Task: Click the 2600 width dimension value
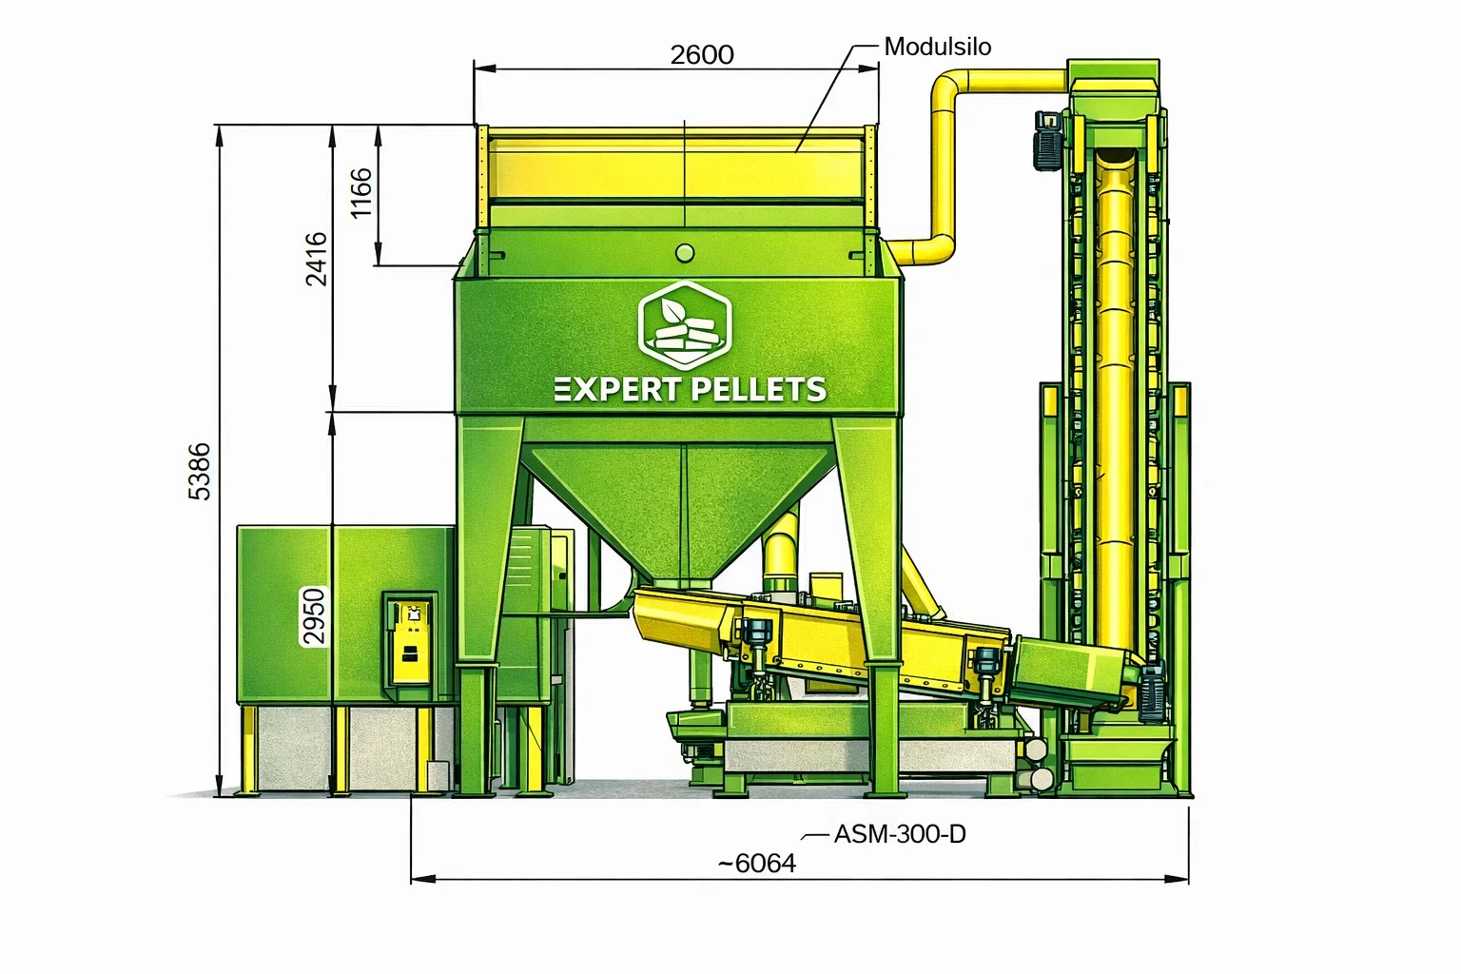tap(702, 55)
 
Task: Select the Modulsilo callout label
tap(937, 47)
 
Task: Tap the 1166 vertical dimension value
tap(361, 193)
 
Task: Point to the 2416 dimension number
tap(317, 259)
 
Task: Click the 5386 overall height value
tap(200, 472)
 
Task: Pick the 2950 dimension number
tap(315, 616)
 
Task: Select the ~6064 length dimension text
tap(757, 864)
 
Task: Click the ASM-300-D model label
tap(900, 834)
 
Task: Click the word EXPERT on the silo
tap(616, 389)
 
